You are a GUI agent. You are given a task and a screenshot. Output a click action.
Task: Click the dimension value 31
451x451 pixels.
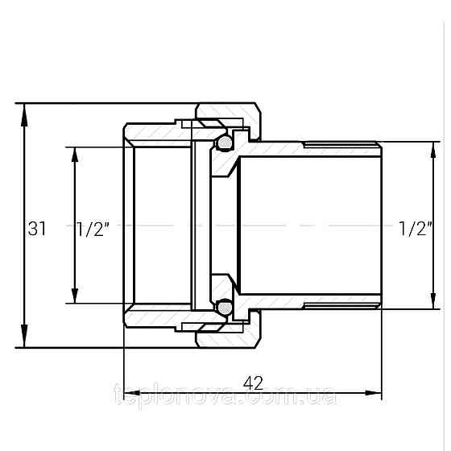[37, 229]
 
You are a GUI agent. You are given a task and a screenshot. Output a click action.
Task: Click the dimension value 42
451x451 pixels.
[253, 383]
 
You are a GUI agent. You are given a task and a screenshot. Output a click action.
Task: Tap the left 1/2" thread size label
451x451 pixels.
[93, 230]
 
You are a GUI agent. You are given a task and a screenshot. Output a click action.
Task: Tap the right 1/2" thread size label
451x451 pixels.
[415, 229]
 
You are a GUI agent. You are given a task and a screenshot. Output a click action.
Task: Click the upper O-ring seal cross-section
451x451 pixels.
[225, 142]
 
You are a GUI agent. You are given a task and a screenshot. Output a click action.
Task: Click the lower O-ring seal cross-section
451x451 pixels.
[225, 308]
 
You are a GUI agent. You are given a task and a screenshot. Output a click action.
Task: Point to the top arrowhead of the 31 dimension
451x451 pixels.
[24, 114]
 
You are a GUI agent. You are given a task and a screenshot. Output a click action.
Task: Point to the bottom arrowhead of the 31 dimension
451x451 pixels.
[24, 336]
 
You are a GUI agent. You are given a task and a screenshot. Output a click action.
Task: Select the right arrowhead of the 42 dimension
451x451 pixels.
[374, 393]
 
